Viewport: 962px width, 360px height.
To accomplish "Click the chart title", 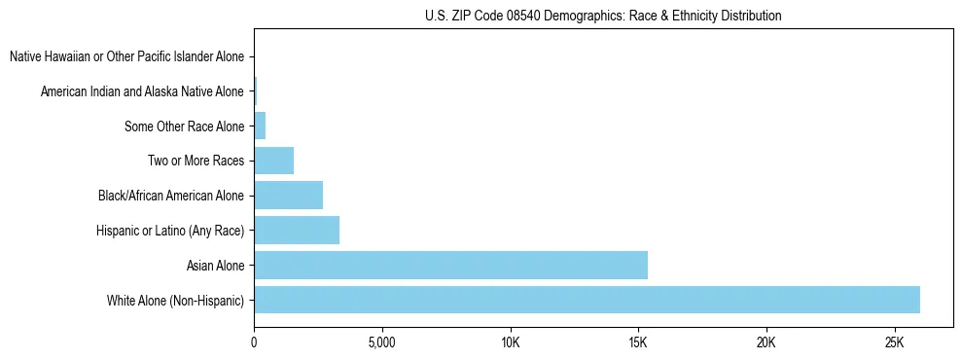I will point(603,16).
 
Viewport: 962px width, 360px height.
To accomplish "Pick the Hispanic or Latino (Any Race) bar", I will point(297,231).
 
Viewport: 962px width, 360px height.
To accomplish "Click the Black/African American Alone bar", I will point(288,196).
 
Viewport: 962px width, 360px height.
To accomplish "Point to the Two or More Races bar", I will point(273,161).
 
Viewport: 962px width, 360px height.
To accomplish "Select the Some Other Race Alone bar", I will point(260,126).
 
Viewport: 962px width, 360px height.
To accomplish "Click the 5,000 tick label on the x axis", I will point(382,343).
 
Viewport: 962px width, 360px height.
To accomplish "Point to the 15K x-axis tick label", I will point(638,343).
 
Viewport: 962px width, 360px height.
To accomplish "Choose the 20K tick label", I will point(766,343).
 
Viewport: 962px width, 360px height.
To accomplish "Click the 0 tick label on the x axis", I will point(254,343).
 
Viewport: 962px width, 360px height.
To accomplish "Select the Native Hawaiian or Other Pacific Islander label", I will point(126,57).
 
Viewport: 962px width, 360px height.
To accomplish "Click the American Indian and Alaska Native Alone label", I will point(142,91).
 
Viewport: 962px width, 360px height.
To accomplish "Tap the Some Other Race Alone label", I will point(185,126).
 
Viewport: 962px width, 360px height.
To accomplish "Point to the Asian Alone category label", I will point(215,265).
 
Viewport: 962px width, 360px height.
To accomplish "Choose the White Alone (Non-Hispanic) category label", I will point(176,300).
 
